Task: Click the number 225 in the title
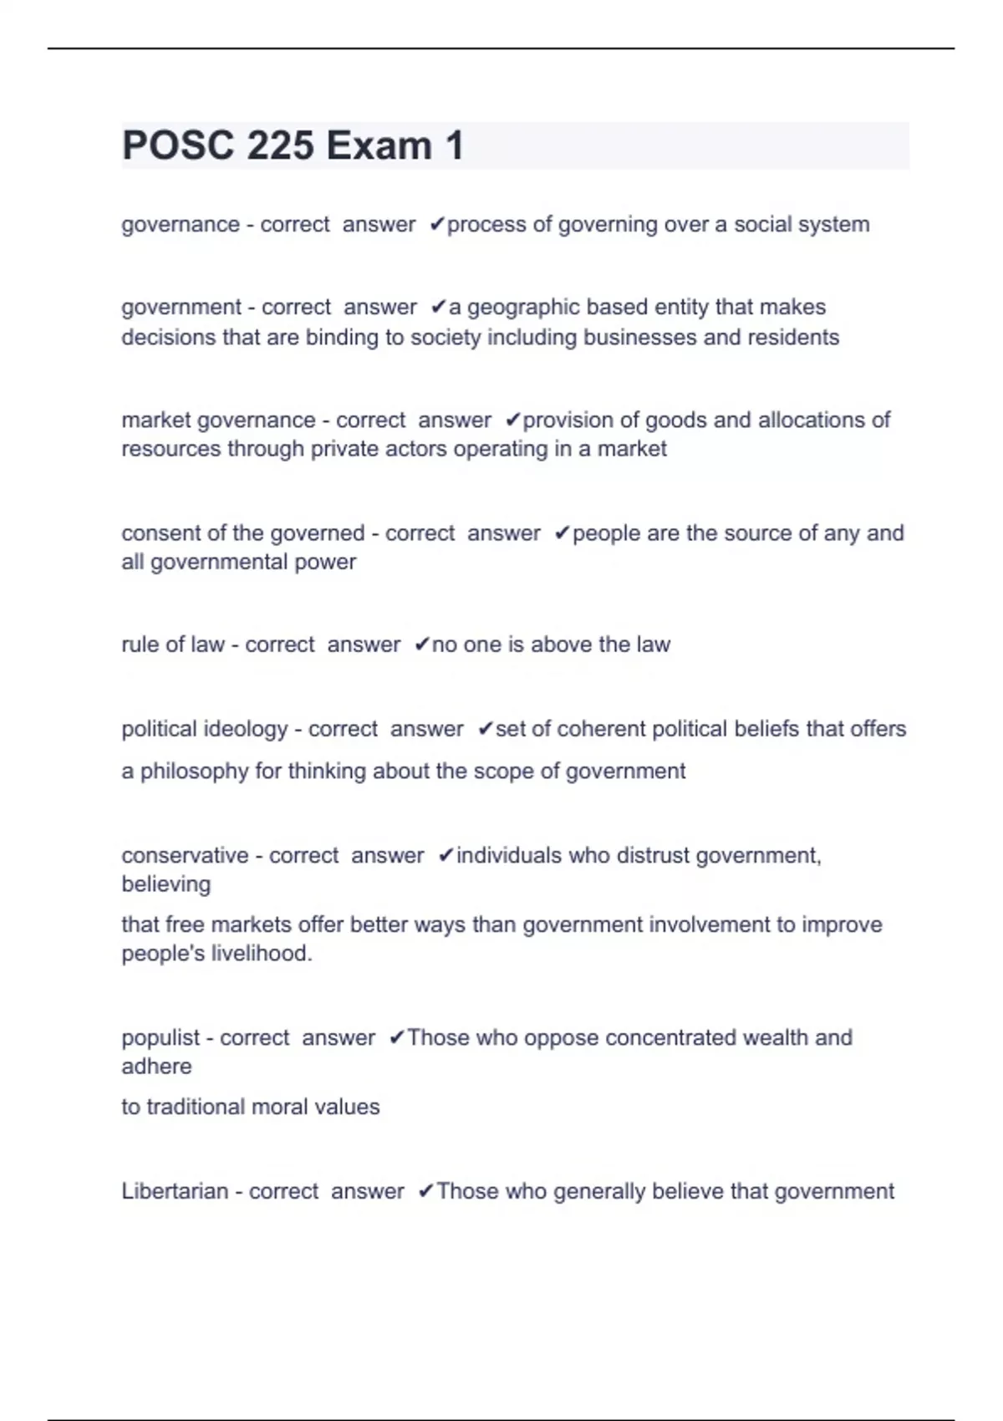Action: pyautogui.click(x=280, y=145)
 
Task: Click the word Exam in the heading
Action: pyautogui.click(x=379, y=145)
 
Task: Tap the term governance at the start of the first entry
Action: pyautogui.click(x=181, y=225)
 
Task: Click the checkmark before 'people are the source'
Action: pyautogui.click(x=562, y=533)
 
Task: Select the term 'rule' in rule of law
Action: pyautogui.click(x=139, y=644)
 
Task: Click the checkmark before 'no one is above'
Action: pyautogui.click(x=422, y=644)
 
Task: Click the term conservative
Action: pyautogui.click(x=185, y=856)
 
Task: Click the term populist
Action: pyautogui.click(x=160, y=1038)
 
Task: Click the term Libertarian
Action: pyautogui.click(x=175, y=1192)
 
